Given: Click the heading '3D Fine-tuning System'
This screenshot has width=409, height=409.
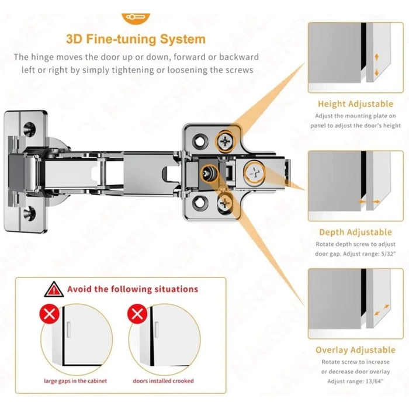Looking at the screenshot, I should (136, 39).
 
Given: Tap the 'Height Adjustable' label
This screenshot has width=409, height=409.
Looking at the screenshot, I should (355, 104).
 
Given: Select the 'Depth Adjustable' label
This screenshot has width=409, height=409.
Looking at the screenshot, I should (355, 233).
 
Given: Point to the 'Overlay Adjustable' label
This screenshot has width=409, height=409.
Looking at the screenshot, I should (355, 350).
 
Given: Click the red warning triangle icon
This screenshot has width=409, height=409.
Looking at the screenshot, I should (54, 289).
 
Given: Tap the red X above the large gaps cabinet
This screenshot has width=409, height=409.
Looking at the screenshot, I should (49, 314).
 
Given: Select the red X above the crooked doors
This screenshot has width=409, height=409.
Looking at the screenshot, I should (138, 314).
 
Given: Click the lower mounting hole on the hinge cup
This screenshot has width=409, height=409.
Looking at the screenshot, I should (28, 212).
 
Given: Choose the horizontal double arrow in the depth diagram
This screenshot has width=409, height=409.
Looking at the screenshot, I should (368, 202).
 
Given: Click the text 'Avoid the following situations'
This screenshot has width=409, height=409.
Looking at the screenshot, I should (132, 289).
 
